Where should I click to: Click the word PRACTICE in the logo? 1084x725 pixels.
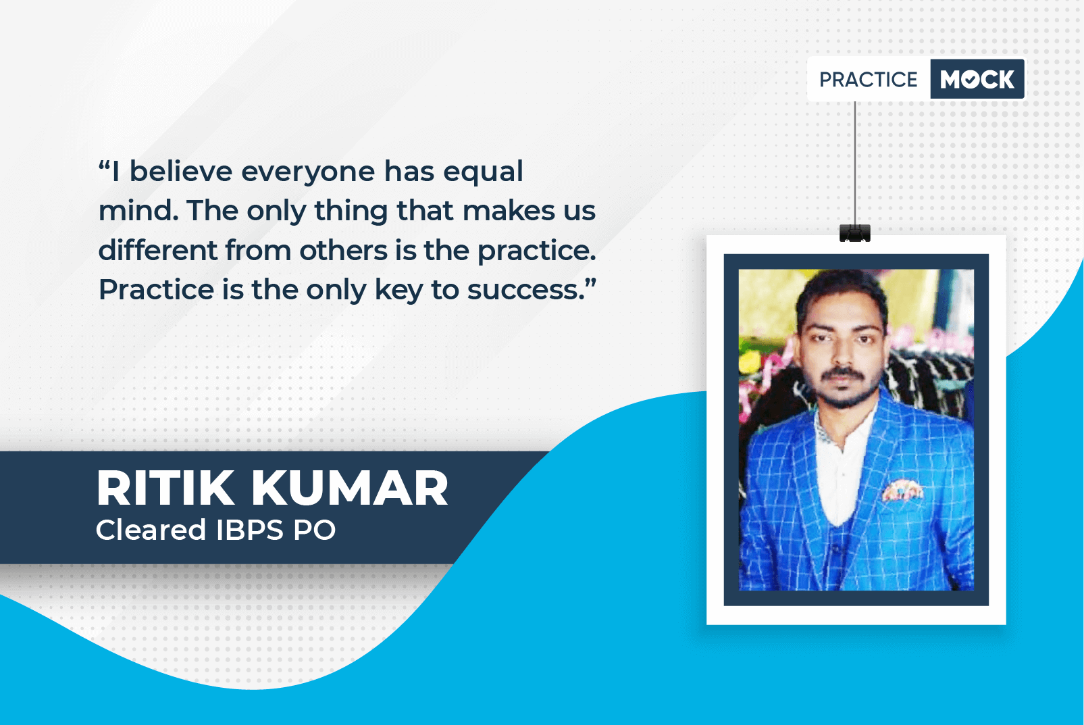pos(868,80)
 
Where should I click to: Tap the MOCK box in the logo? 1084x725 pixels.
pos(977,79)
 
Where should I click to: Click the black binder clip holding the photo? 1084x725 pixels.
pos(854,233)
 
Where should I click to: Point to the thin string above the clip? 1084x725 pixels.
pos(854,163)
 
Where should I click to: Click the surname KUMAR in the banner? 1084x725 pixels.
pos(349,488)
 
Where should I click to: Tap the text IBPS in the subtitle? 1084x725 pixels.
pos(249,530)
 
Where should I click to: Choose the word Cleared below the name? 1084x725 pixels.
pos(151,530)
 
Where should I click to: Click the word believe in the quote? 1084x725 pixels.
pos(181,172)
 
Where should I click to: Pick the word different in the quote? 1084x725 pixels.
pos(158,250)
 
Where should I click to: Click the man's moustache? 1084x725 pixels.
pos(842,374)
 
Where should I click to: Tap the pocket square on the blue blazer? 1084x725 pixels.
pos(902,490)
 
